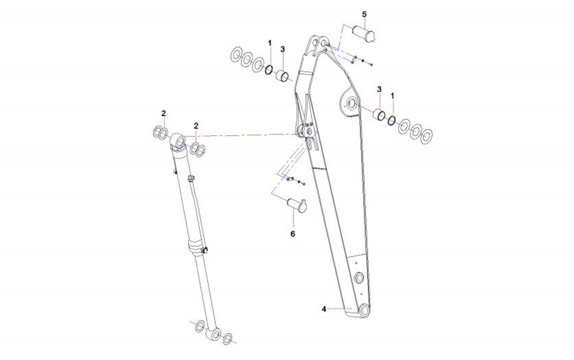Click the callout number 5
[x=364, y=14]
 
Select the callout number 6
[x=293, y=234]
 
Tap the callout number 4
[x=324, y=309]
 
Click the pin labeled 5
[x=364, y=32]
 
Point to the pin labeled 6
[x=297, y=205]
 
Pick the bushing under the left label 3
[x=282, y=75]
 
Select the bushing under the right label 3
[x=379, y=114]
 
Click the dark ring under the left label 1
[x=269, y=69]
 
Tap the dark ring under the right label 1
[x=391, y=120]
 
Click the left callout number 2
[x=164, y=113]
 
